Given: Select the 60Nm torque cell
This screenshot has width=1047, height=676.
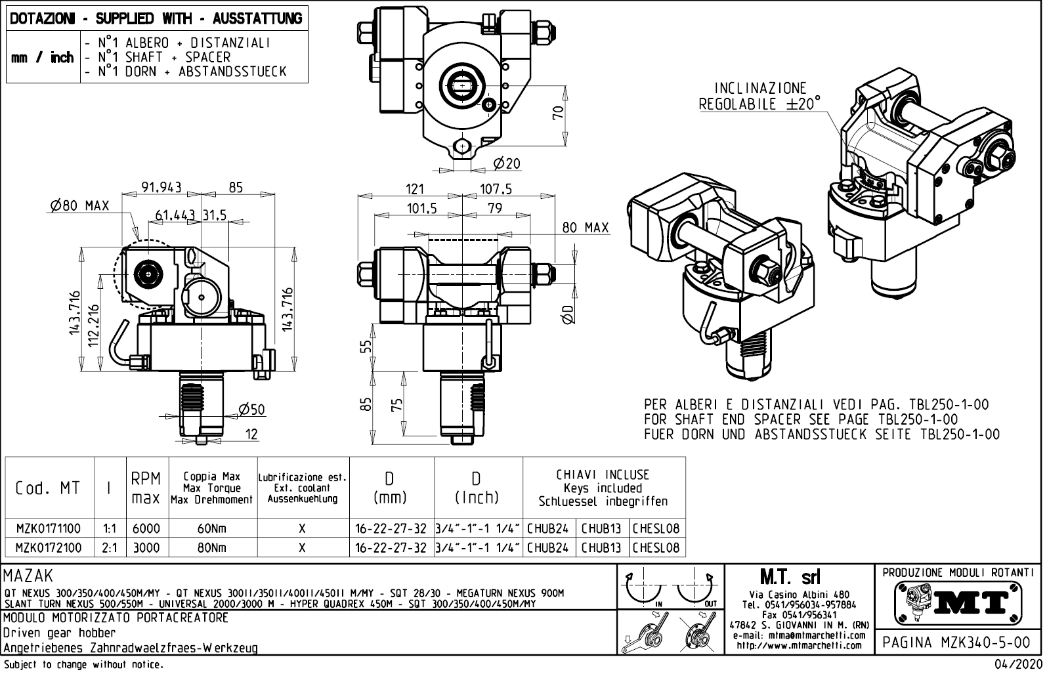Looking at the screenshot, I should [x=213, y=528].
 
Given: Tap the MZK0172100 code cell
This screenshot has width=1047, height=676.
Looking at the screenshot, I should [x=49, y=547].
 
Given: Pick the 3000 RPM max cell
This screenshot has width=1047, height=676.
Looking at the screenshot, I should [x=146, y=547].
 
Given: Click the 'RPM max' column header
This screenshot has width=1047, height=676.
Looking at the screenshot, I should [x=146, y=488].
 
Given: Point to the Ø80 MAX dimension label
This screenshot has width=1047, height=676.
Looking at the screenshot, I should [x=79, y=206].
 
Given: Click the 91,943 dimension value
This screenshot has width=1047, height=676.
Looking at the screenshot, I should [x=161, y=188].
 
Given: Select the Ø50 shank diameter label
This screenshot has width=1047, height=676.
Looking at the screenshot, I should [x=251, y=410].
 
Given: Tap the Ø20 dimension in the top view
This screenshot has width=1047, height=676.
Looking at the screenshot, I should [x=506, y=163].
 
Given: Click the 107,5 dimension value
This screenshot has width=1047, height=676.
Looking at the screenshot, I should [x=496, y=189].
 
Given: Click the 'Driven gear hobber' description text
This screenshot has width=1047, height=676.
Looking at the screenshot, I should [x=59, y=633].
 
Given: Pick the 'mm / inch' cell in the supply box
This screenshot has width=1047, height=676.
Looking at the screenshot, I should [x=42, y=58].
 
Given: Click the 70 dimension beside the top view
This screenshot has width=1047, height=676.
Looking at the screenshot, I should [x=558, y=113].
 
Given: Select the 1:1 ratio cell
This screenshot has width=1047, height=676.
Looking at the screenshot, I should [x=110, y=528].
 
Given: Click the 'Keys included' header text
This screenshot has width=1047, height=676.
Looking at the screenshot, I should [x=603, y=488].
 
